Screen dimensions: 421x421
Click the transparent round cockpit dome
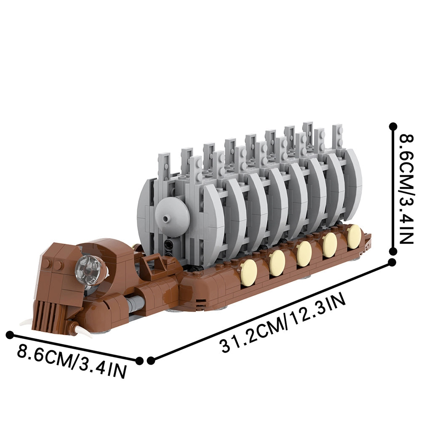point(88,269)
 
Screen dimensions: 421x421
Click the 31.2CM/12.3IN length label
point(283,323)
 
